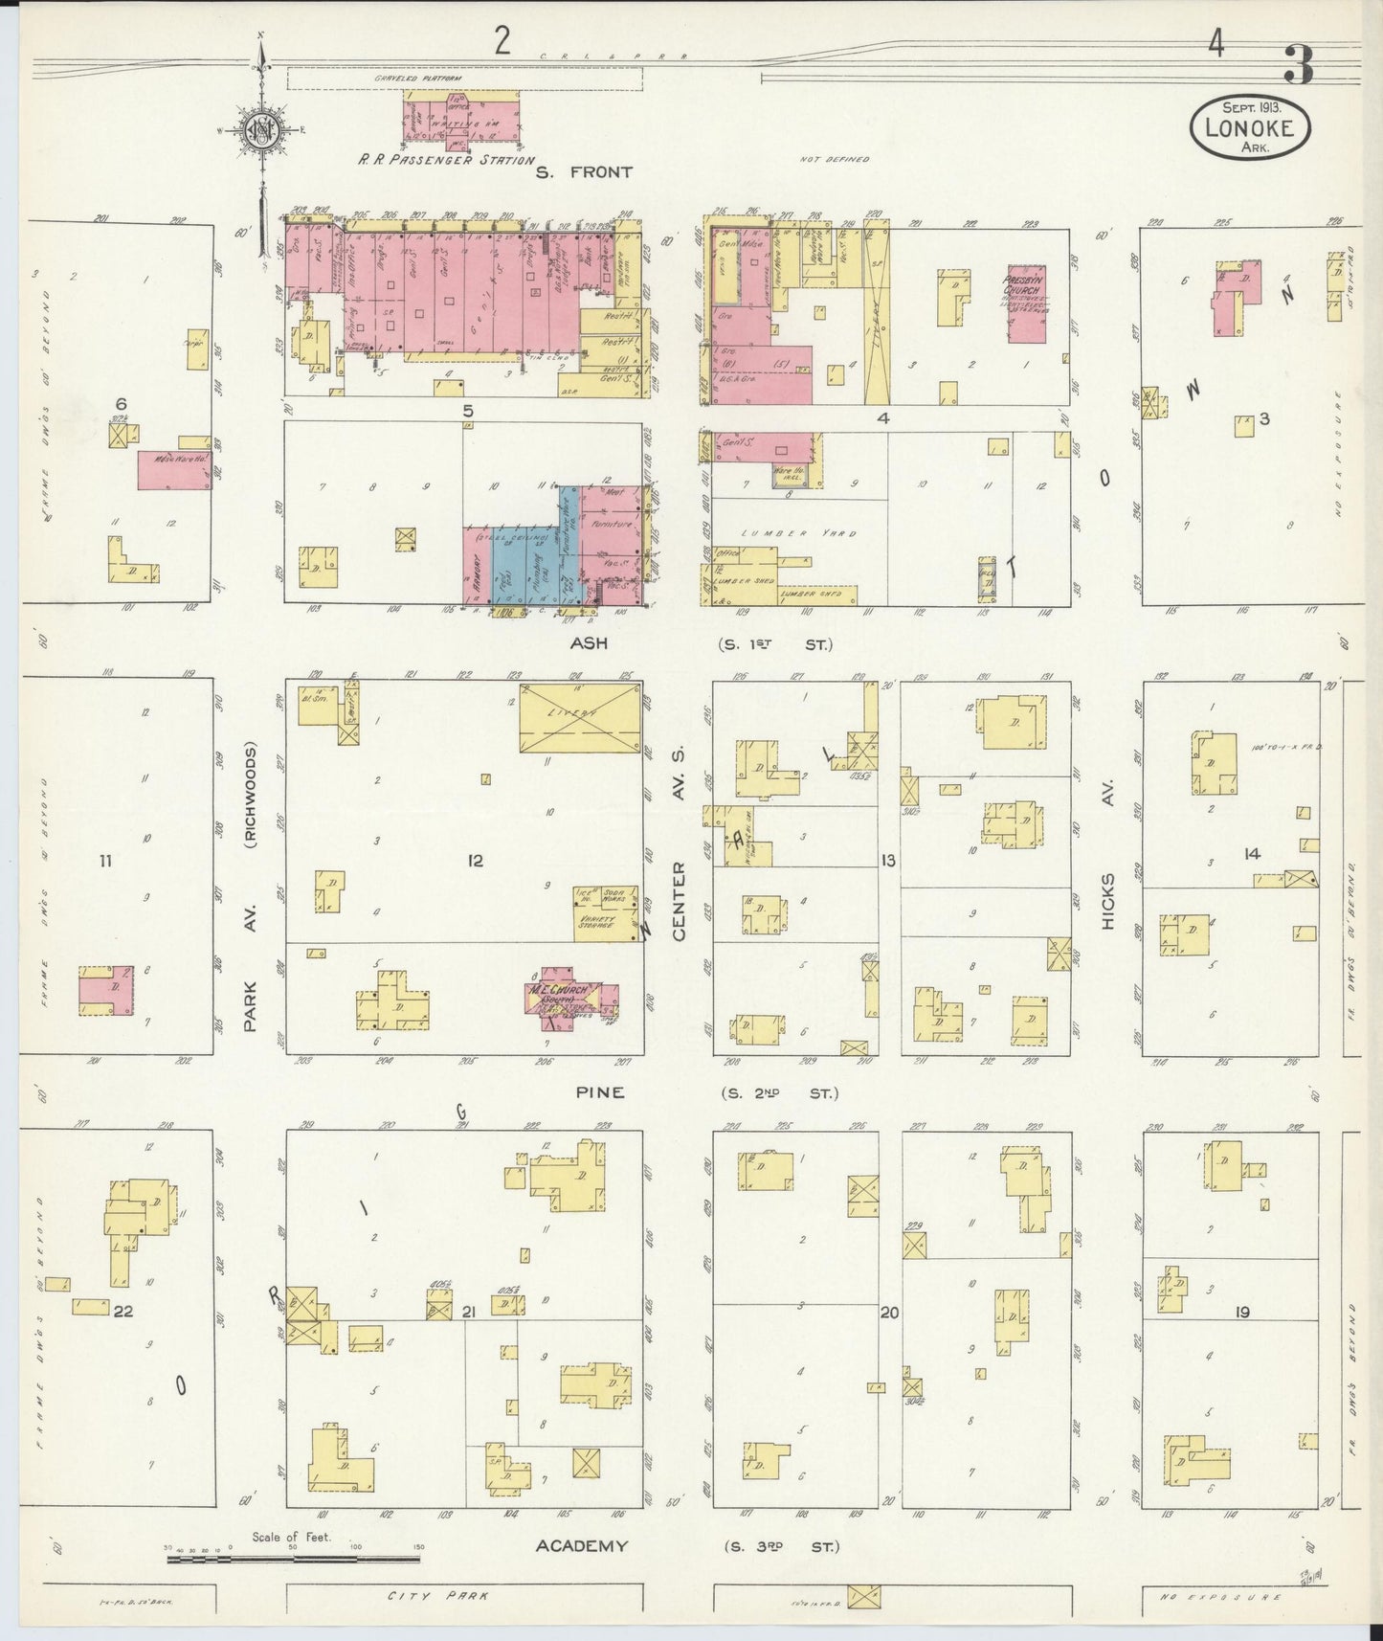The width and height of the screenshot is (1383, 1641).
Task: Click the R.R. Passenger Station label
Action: click(x=446, y=160)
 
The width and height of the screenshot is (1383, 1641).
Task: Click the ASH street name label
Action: click(x=589, y=644)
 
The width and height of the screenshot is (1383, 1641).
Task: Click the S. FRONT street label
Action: click(x=584, y=172)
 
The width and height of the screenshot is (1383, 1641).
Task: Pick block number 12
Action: click(x=475, y=861)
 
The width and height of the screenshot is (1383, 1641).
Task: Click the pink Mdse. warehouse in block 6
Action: click(x=174, y=470)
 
